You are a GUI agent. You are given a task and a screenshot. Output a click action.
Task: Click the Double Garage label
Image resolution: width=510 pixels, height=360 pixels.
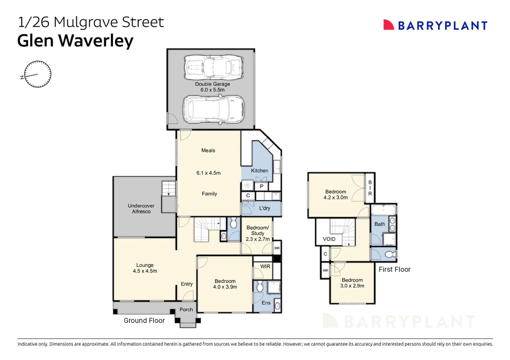(212, 84)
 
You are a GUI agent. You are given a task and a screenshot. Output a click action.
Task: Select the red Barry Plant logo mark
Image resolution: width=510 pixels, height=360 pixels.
(388, 25)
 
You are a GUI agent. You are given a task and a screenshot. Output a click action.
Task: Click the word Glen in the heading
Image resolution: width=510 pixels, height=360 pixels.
(35, 41)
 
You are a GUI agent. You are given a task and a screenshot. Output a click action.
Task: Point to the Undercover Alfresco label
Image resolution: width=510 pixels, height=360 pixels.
(141, 209)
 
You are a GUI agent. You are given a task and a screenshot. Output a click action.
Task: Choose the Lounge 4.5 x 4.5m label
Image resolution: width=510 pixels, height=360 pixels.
(145, 268)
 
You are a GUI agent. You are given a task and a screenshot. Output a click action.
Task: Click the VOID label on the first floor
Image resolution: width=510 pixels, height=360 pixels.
(329, 239)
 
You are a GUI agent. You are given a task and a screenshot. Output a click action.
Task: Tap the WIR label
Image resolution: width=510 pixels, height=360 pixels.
(265, 266)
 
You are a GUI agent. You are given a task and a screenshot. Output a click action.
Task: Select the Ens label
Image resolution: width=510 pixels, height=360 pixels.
(266, 303)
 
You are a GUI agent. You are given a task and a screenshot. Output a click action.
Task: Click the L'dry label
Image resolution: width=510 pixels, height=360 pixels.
(265, 208)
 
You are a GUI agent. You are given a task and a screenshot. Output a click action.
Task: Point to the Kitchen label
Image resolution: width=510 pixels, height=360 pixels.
(259, 171)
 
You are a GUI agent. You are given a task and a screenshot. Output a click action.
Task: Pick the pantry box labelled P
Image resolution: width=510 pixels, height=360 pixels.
(262, 187)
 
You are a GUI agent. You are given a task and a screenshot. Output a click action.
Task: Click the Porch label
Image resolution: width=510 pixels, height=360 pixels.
(186, 309)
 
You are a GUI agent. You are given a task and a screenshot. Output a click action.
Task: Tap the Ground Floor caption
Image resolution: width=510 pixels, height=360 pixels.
(144, 321)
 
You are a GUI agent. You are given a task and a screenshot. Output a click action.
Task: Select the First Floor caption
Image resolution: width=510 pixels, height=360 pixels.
(394, 269)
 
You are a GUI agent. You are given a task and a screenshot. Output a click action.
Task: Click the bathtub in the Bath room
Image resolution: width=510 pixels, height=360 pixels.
(383, 210)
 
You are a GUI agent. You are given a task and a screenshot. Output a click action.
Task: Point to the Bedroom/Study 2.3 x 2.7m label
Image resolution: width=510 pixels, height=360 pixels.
(258, 233)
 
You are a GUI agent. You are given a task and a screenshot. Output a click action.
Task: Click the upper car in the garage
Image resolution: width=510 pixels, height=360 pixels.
(214, 67)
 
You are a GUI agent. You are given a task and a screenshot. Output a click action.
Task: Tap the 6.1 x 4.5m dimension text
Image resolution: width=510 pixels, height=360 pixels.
(208, 173)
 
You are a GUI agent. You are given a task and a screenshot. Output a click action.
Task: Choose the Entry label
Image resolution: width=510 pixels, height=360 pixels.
(187, 284)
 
